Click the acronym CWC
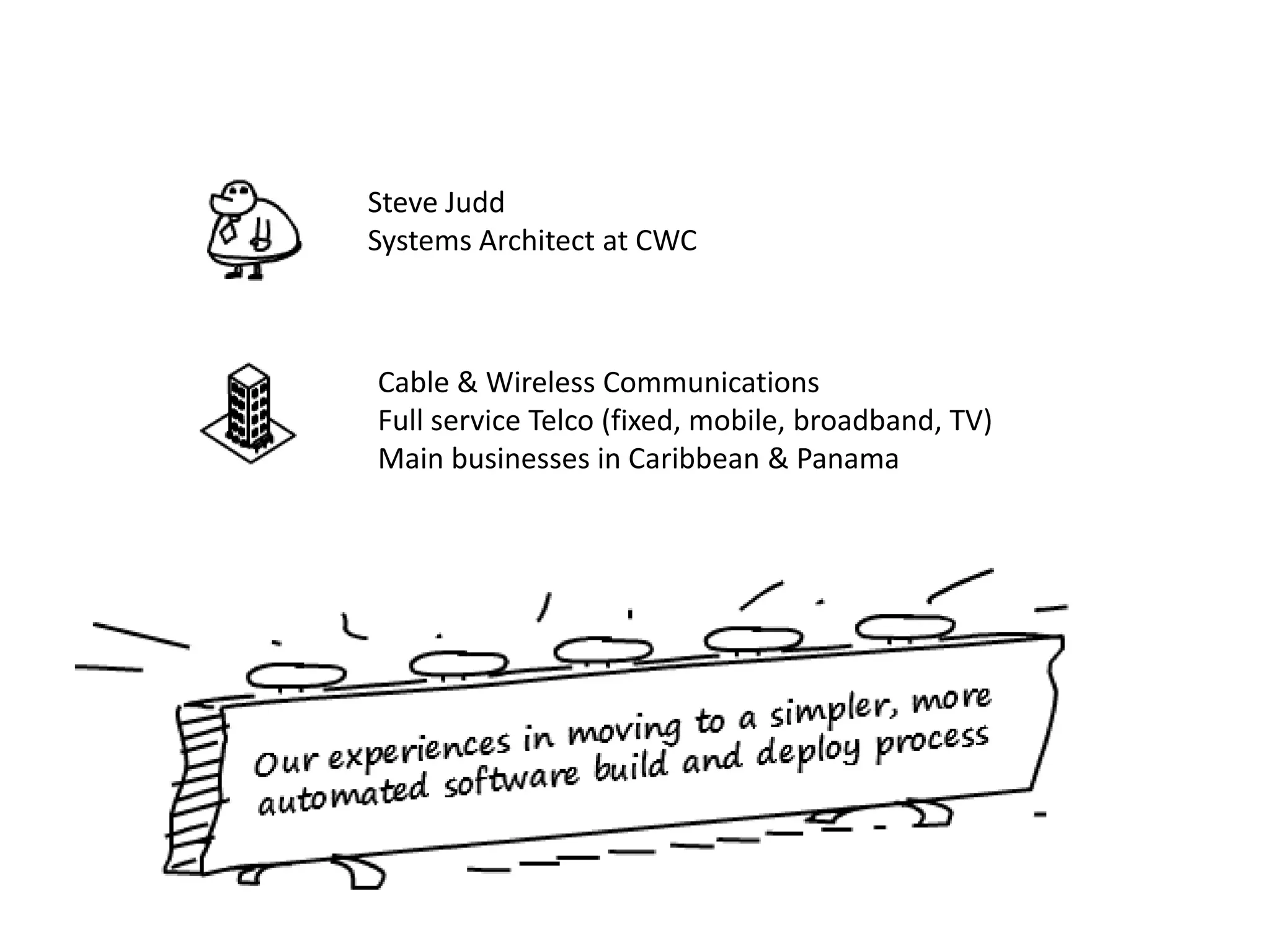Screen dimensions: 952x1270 click(x=665, y=240)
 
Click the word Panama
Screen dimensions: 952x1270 click(x=847, y=459)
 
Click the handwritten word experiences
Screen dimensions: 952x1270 click(x=419, y=750)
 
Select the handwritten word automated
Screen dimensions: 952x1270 click(x=343, y=795)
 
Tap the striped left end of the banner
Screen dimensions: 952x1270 click(x=193, y=787)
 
